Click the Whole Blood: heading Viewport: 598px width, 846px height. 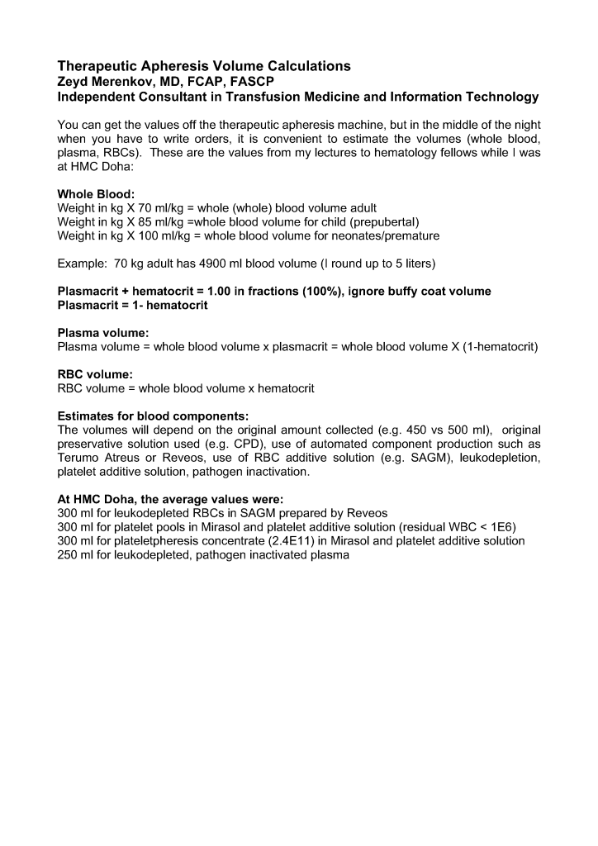pyautogui.click(x=90, y=193)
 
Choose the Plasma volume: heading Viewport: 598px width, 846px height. pyautogui.click(x=102, y=334)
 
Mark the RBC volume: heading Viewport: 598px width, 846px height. pyautogui.click(x=95, y=374)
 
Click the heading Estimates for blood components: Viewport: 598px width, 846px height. pyautogui.click(x=152, y=416)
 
